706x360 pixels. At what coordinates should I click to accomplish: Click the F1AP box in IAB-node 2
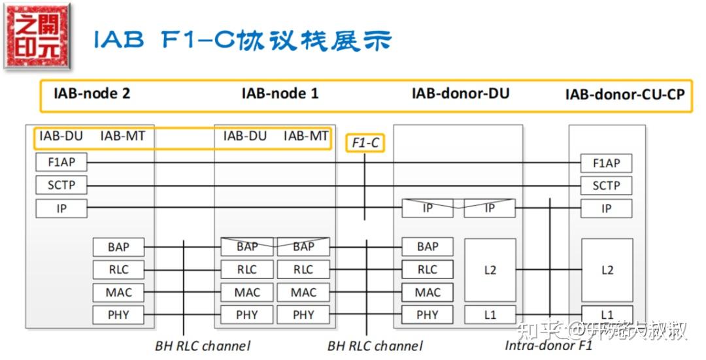61,163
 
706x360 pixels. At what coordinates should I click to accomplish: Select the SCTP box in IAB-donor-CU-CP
606,186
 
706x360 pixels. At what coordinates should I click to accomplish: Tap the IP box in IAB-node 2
61,209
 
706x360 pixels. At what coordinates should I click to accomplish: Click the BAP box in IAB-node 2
118,247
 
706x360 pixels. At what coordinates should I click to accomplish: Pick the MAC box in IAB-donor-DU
428,292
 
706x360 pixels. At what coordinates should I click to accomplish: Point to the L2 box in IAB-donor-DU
490,270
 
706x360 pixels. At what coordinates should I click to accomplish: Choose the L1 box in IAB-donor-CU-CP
607,314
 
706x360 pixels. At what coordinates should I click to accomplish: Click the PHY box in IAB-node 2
118,315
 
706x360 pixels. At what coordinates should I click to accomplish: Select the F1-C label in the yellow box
365,142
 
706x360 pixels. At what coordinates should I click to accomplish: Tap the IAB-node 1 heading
280,93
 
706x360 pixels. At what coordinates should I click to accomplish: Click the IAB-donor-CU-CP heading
625,95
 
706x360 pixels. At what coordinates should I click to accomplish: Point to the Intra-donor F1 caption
548,345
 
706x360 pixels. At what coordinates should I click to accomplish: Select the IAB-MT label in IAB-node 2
123,137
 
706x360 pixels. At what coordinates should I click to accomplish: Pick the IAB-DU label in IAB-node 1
245,137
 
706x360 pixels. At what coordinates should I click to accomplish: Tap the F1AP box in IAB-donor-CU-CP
606,163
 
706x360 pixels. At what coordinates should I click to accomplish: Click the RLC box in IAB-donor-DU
428,269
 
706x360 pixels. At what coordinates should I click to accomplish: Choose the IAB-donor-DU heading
460,93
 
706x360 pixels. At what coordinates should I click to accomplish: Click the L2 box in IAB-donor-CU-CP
607,270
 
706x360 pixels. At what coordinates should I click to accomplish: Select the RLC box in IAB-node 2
118,269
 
